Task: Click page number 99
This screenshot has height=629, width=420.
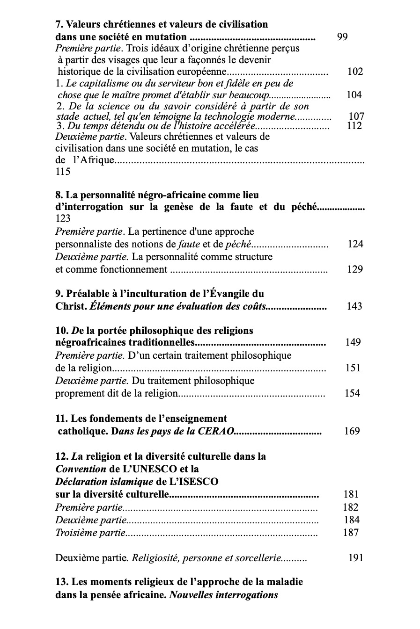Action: [x=342, y=37]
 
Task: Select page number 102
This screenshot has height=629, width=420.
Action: [x=355, y=72]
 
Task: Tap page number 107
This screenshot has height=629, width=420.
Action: [x=356, y=116]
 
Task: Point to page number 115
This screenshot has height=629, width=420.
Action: [x=63, y=172]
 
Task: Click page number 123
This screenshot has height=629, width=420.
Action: [x=63, y=218]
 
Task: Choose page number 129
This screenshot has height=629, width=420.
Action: [x=355, y=269]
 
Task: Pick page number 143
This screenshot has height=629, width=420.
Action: [x=354, y=306]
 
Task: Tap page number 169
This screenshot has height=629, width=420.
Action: [x=352, y=431]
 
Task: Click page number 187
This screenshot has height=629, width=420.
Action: [x=351, y=532]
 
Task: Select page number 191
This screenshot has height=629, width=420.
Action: [x=356, y=557]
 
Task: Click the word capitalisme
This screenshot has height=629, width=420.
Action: [x=95, y=84]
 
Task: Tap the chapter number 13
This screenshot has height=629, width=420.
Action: [x=61, y=582]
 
